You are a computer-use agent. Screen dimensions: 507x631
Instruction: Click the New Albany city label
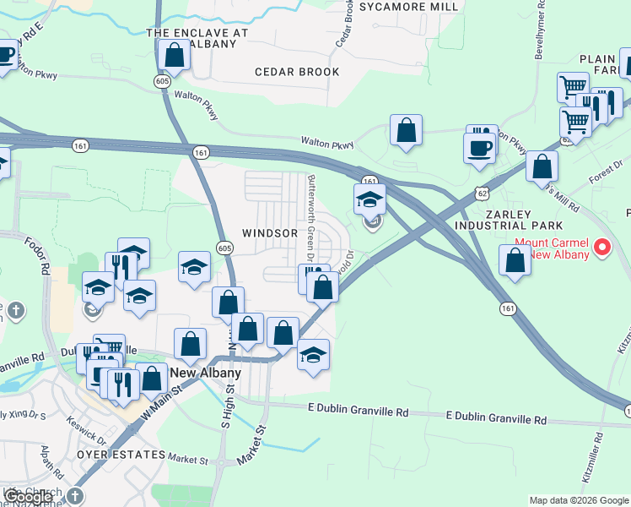206,373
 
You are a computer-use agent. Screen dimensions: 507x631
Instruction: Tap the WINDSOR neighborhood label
270,232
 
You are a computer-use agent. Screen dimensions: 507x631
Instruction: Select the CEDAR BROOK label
297,72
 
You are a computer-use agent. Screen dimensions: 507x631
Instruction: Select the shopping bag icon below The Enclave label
174,56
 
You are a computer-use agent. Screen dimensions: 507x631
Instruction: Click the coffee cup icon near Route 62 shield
480,148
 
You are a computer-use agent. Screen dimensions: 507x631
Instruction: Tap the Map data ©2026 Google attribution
579,500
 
